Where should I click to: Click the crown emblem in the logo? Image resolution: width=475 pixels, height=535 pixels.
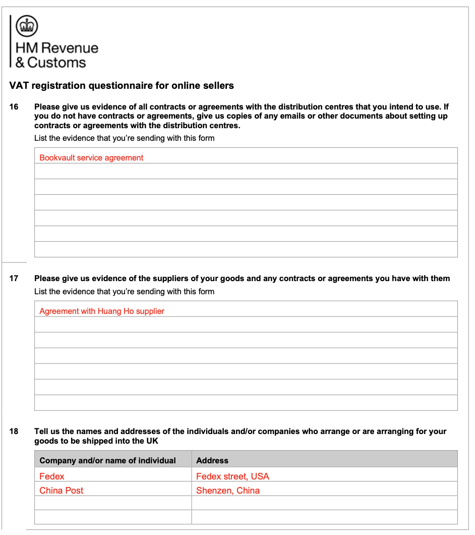click(27, 26)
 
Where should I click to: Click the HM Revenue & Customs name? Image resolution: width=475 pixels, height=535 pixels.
click(57, 55)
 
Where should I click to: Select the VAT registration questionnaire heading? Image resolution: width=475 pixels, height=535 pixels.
click(122, 86)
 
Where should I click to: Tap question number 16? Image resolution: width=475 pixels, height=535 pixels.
click(14, 107)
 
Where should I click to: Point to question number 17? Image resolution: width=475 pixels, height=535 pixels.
click(14, 279)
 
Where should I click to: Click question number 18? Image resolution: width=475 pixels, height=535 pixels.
click(14, 432)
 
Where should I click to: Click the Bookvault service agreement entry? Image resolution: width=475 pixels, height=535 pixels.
click(91, 158)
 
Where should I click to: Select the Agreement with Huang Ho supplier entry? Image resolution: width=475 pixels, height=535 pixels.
click(102, 311)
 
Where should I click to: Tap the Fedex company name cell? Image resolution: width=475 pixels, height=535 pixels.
click(52, 476)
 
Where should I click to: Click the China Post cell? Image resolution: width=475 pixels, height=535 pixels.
click(62, 491)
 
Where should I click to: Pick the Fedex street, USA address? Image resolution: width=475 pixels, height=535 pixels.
click(232, 476)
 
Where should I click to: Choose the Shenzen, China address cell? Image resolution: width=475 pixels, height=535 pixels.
click(228, 491)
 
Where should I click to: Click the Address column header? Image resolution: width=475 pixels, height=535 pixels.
click(212, 461)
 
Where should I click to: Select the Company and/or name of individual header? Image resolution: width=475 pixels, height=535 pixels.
click(107, 461)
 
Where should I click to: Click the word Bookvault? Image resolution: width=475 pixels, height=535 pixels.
click(57, 158)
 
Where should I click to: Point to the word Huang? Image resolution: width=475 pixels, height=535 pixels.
click(110, 311)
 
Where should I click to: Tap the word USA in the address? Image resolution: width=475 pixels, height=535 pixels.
click(260, 476)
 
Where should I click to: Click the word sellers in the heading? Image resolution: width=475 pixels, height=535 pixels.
click(219, 86)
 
